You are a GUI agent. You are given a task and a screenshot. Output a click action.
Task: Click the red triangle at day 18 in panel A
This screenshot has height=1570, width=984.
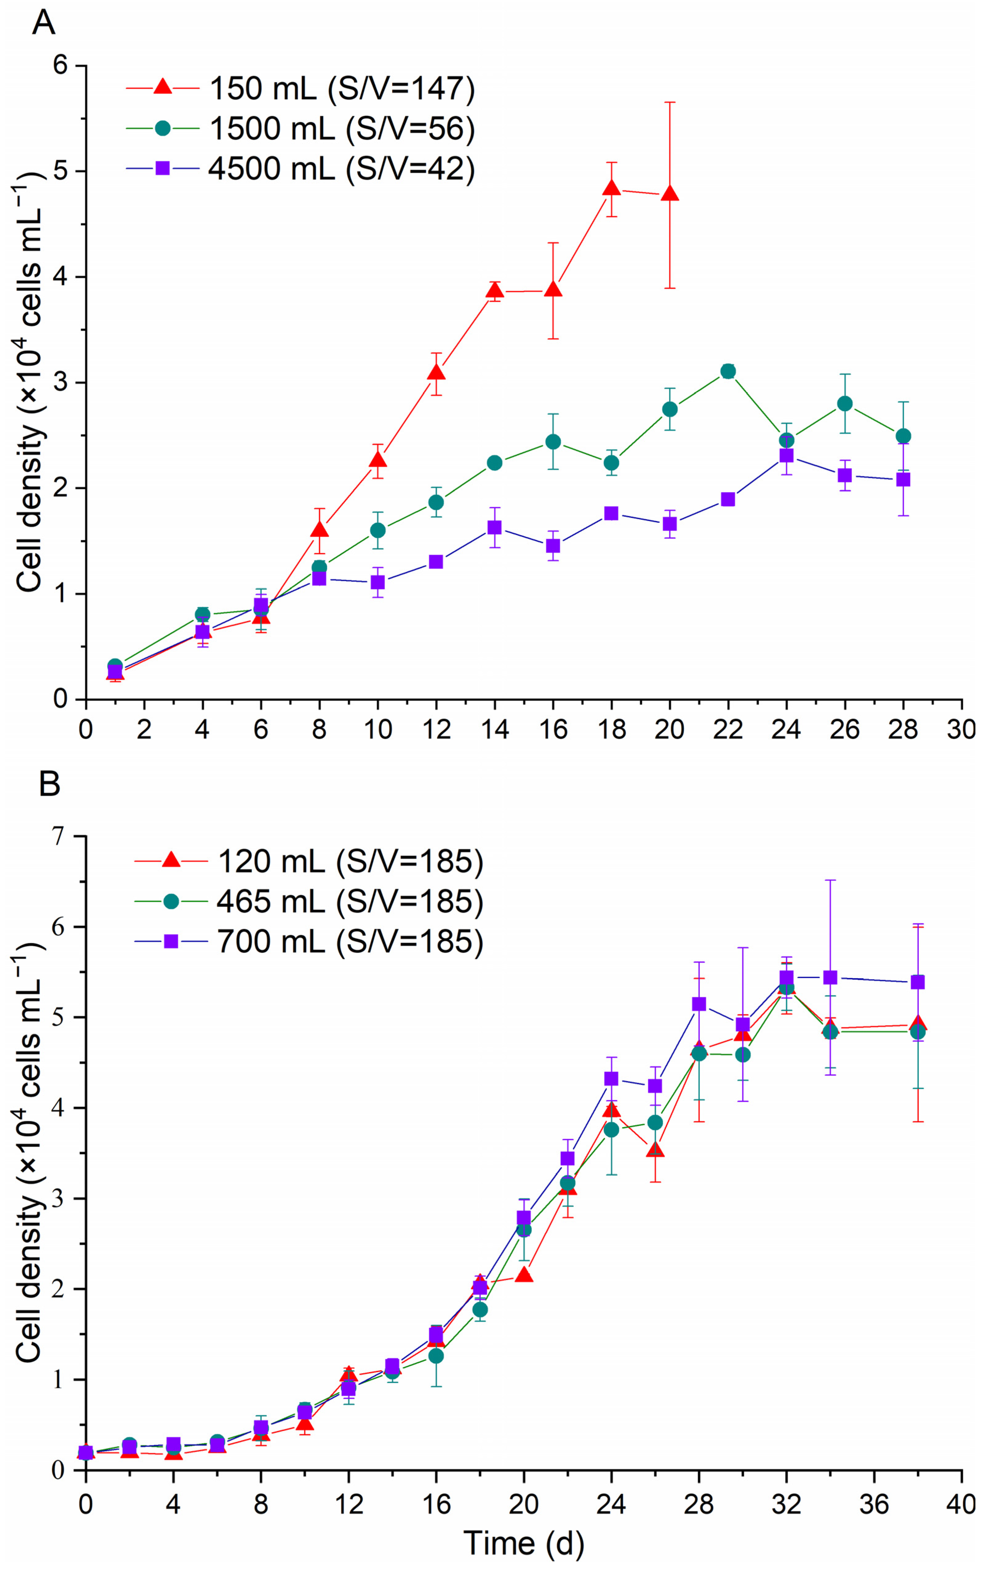611,188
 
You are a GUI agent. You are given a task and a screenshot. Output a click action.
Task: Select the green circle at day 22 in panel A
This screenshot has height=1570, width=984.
728,372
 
